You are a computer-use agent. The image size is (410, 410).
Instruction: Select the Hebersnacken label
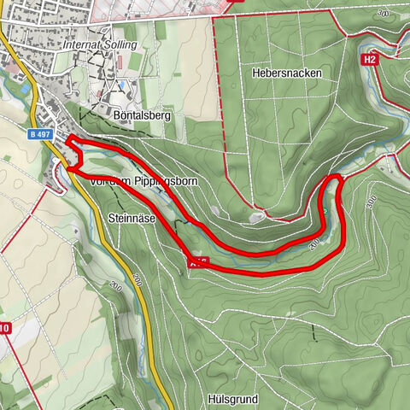(x=286, y=73)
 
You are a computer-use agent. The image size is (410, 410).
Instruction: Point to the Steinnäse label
(x=132, y=219)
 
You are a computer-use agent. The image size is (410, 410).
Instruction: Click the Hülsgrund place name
(x=233, y=398)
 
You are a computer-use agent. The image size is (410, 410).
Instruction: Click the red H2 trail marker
(x=369, y=60)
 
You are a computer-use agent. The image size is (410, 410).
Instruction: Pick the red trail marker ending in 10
(x=4, y=328)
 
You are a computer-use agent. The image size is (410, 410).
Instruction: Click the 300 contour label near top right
(x=391, y=15)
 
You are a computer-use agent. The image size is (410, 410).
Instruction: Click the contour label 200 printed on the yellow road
(x=114, y=288)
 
